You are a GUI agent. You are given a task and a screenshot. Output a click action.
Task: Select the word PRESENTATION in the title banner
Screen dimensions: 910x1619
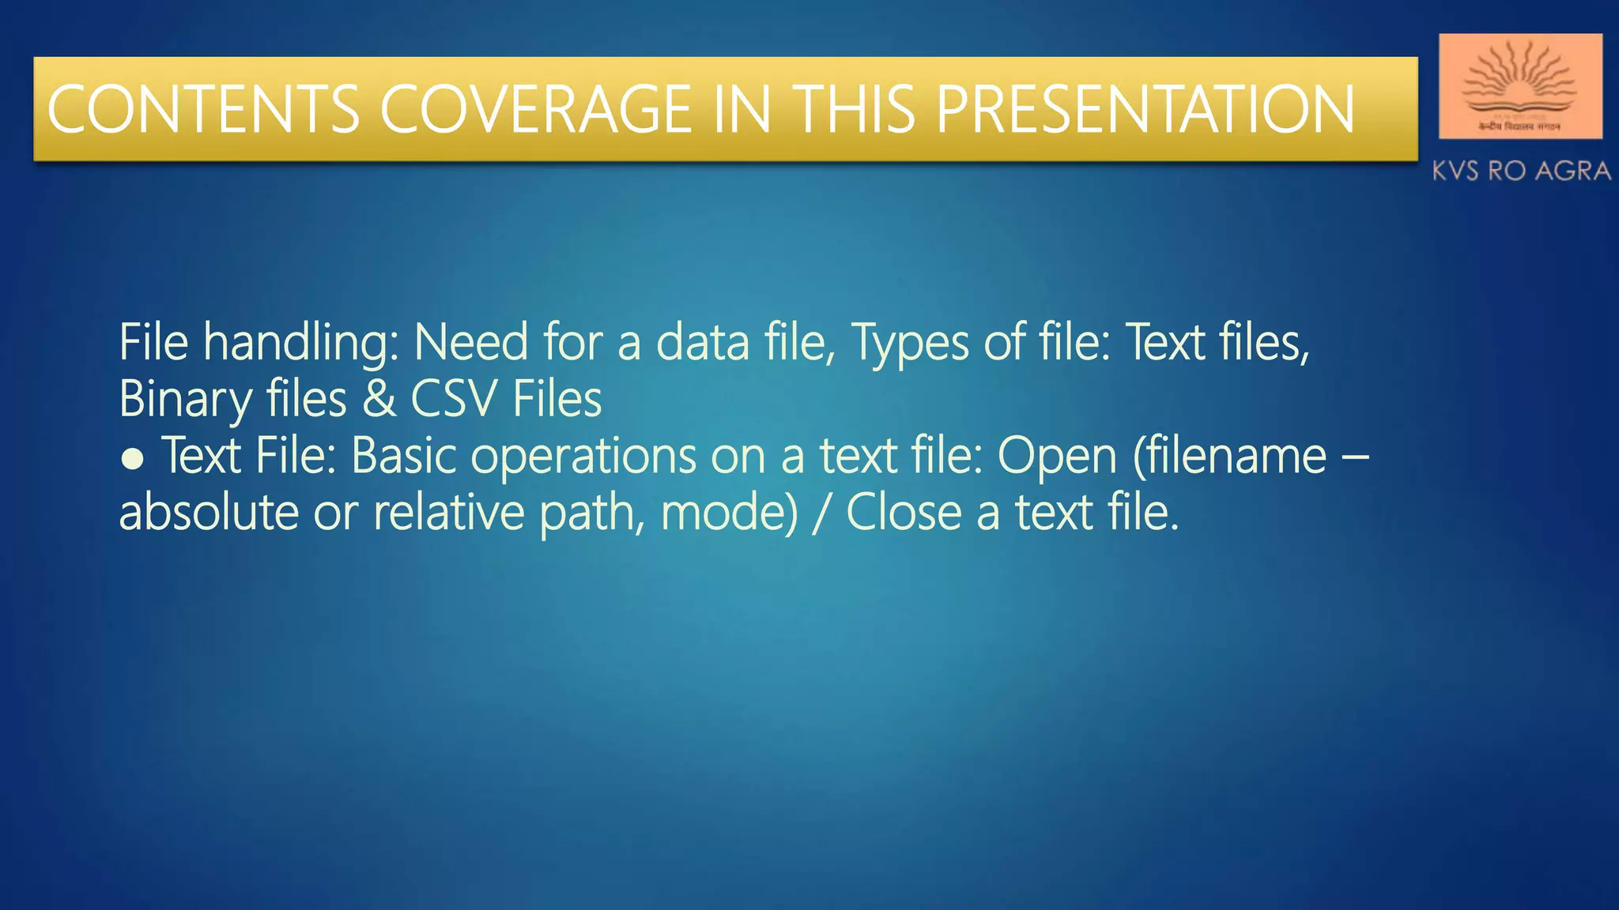tap(1145, 109)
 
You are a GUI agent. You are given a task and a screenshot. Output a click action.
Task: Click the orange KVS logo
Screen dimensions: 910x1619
tap(1519, 86)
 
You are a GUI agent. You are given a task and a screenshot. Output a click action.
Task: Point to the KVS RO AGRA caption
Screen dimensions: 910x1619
tap(1521, 171)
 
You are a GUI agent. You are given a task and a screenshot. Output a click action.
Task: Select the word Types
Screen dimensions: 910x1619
tap(909, 344)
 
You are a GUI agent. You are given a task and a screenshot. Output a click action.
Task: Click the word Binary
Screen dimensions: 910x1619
tap(185, 400)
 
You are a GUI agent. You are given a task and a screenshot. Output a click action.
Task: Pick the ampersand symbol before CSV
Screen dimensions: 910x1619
tap(379, 399)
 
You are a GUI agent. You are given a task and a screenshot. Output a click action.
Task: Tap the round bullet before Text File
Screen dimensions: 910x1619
tap(132, 459)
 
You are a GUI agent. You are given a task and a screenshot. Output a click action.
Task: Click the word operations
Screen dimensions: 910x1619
tap(583, 457)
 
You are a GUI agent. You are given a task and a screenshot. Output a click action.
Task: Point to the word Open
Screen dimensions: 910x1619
tap(1057, 457)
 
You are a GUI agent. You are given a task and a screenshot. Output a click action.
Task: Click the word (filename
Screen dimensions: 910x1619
tap(1229, 456)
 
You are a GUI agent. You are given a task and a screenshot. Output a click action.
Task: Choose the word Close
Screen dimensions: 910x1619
tap(904, 513)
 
